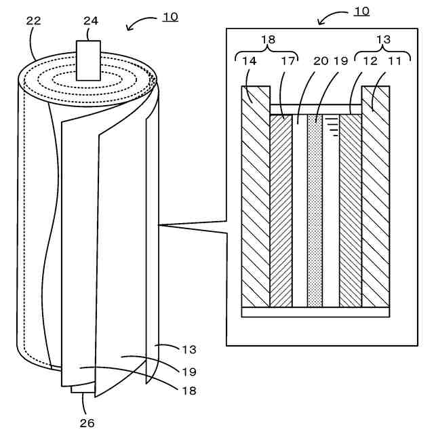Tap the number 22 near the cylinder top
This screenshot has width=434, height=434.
(33, 21)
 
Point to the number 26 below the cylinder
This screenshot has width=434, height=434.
(87, 423)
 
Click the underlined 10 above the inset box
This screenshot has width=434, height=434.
(361, 12)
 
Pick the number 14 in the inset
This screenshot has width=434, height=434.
(249, 61)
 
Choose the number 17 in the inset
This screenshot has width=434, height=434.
(289, 61)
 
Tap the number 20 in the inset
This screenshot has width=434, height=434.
(320, 61)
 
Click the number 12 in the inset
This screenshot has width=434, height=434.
(370, 61)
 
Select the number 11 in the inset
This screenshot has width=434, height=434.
(395, 61)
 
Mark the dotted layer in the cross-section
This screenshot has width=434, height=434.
(315, 210)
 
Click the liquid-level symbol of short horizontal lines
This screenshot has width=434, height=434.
(332, 125)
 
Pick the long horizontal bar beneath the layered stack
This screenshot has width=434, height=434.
(316, 312)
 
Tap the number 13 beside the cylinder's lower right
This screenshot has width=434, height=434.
(189, 350)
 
